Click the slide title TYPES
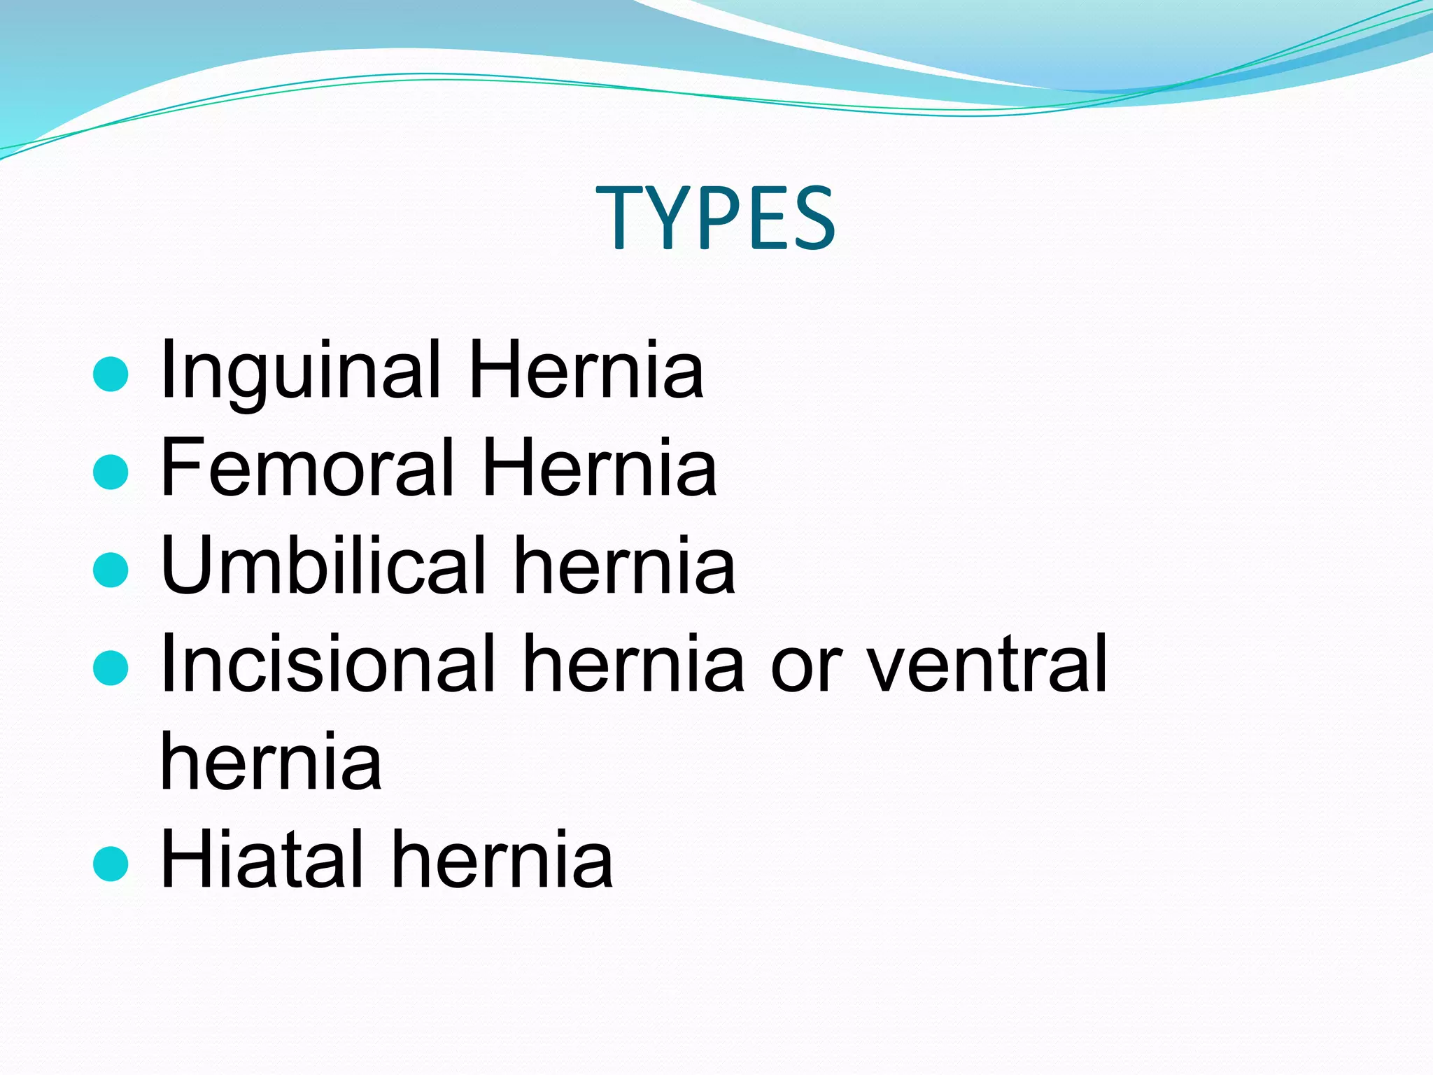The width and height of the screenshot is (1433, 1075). (715, 218)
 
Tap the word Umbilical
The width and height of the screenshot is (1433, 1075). (323, 565)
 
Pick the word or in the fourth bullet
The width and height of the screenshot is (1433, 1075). (805, 668)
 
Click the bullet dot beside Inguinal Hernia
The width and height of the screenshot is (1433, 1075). (111, 374)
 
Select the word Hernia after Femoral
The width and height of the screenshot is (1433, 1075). (600, 467)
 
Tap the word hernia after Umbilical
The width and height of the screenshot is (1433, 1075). (624, 565)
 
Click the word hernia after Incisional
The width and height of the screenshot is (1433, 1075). (634, 663)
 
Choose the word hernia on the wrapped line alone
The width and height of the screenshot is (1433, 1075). (271, 761)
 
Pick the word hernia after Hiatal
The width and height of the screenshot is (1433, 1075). (502, 859)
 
